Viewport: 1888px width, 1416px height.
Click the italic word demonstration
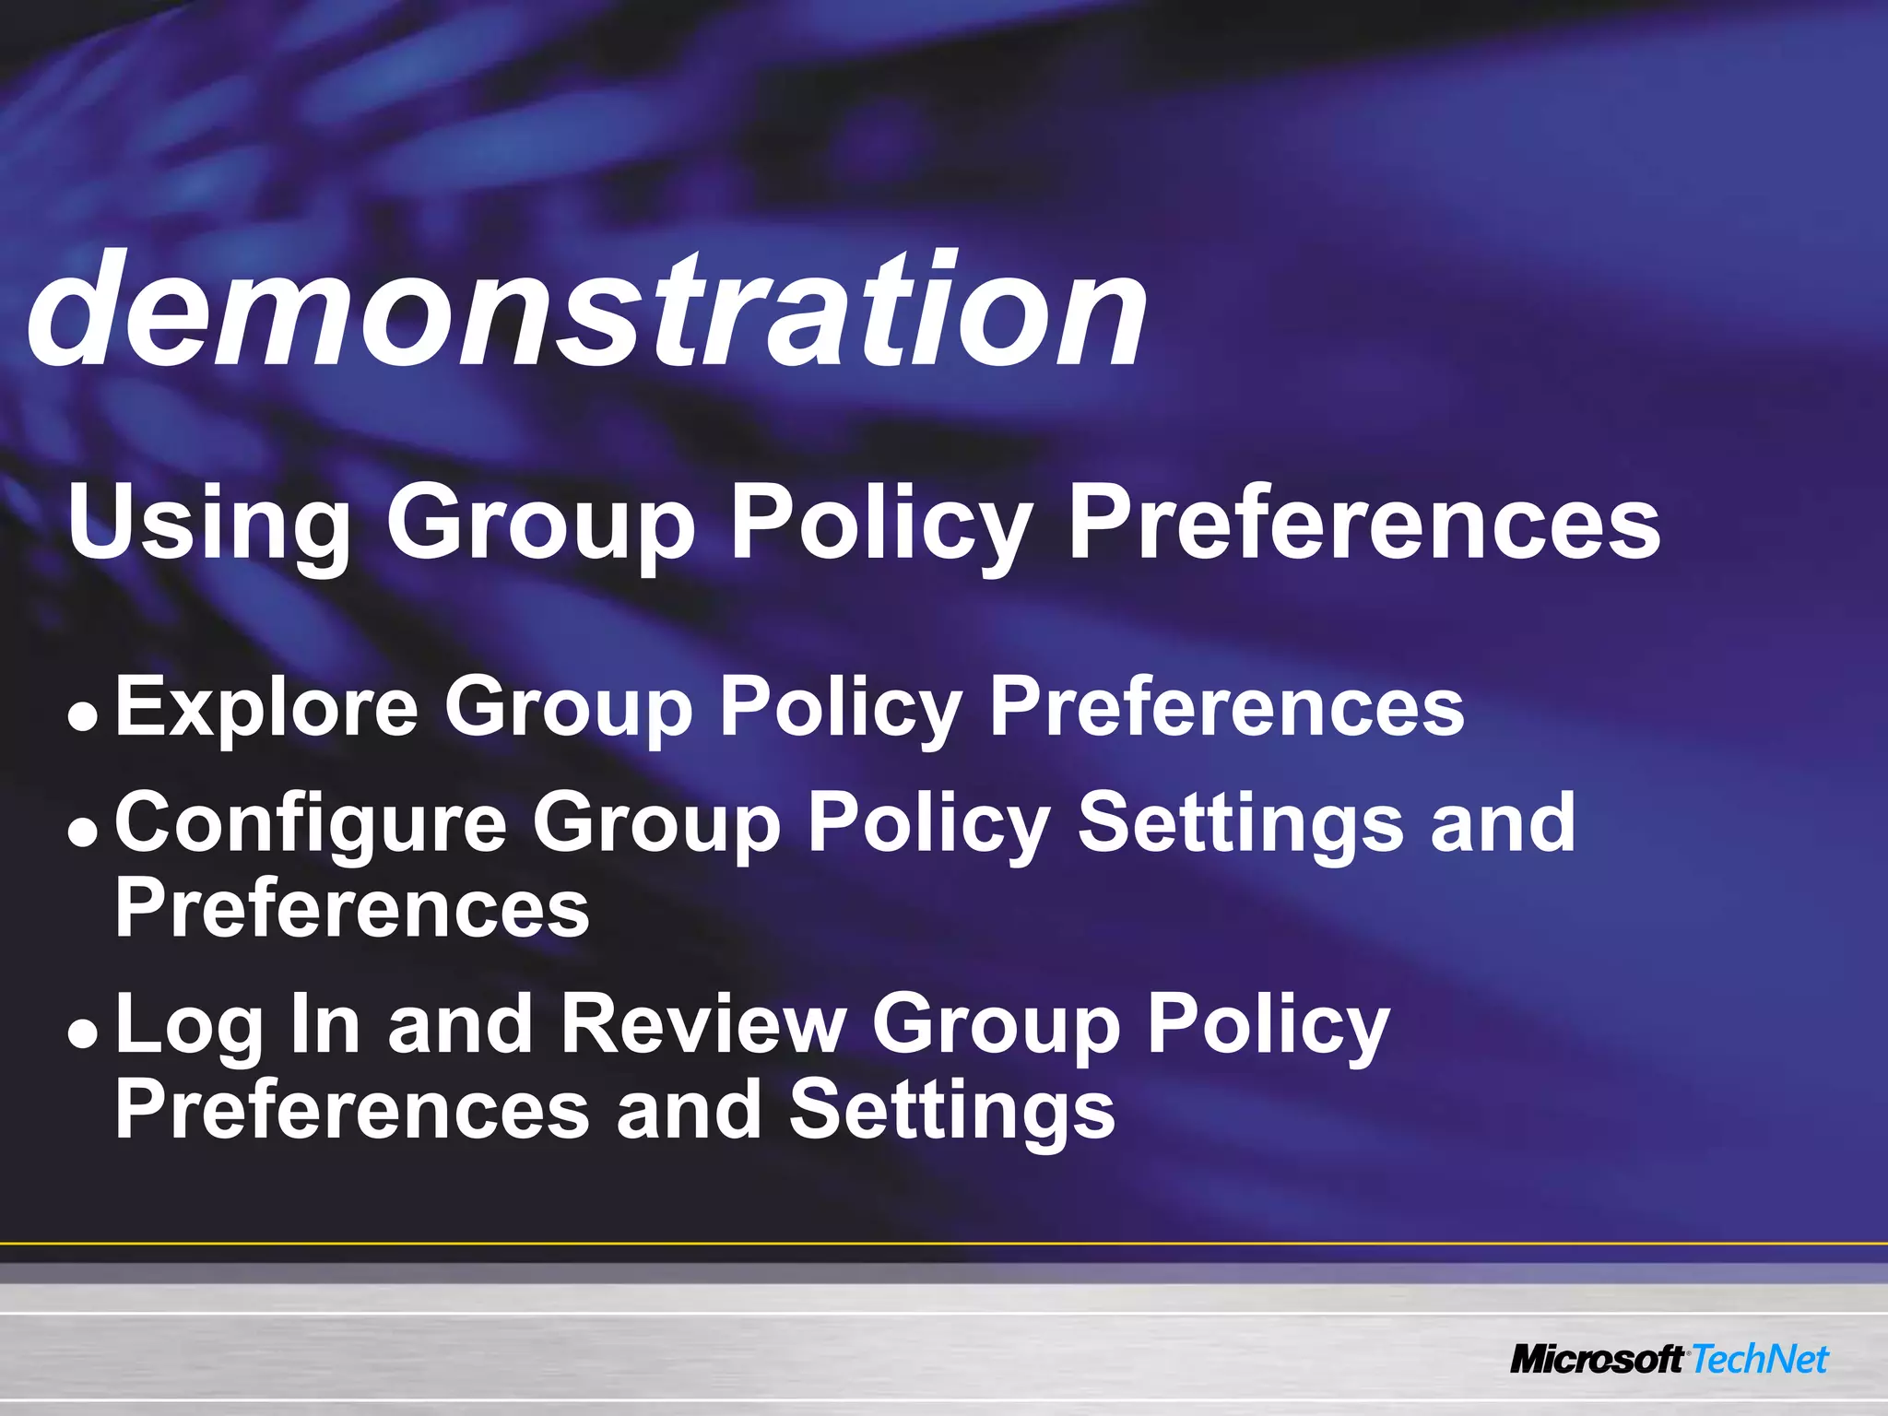587,309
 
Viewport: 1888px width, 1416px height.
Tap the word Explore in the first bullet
266,708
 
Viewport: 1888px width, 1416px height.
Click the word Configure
311,823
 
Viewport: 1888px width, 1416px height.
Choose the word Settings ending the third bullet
951,1110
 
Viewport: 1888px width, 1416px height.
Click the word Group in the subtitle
540,524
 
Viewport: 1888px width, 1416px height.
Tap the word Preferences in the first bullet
1226,708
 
